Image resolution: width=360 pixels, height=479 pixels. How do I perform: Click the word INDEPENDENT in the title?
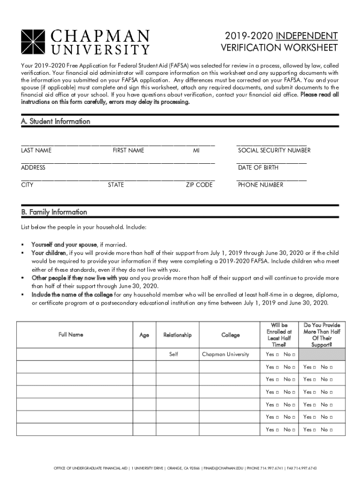307,36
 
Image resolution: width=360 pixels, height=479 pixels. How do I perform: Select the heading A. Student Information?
56,121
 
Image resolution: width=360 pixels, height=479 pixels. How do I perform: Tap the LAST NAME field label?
36,151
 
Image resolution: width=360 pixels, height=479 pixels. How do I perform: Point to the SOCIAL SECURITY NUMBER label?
274,151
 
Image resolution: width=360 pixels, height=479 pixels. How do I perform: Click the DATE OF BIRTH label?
258,167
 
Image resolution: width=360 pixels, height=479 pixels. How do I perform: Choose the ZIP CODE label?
199,185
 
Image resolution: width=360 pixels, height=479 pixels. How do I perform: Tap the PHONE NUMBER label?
260,185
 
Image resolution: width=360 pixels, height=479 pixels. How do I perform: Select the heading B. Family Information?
54,212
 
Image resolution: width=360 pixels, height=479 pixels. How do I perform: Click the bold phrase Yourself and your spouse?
64,245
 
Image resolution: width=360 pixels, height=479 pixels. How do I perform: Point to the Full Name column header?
71,334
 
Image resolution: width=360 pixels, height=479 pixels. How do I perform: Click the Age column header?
144,335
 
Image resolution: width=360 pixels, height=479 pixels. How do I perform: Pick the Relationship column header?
177,335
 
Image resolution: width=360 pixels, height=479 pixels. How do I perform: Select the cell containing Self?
173,355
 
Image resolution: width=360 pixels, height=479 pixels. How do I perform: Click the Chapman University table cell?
225,355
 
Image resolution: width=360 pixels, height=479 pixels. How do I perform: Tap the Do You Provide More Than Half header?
322,334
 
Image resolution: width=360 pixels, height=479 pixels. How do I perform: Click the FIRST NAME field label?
129,151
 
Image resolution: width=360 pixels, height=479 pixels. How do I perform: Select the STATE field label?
116,185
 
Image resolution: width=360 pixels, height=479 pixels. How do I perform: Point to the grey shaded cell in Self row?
322,355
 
